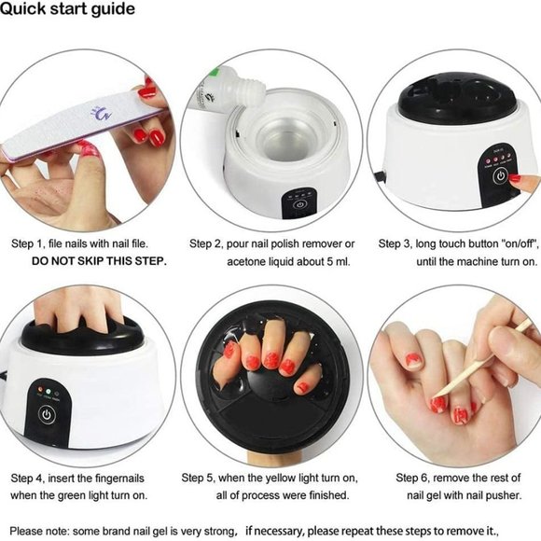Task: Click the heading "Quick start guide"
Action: pos(68,9)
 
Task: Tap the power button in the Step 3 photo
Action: pos(501,176)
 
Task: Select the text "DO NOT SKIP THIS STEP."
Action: pos(99,261)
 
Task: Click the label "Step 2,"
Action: pos(209,243)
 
